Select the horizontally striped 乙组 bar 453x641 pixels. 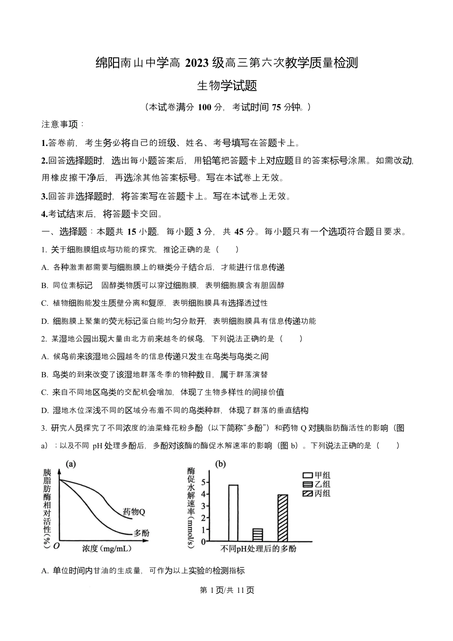[x=257, y=535]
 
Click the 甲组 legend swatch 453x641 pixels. [x=308, y=475]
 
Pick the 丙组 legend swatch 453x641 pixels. [x=308, y=494]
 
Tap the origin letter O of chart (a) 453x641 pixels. [x=57, y=547]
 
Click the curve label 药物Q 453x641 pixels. [x=134, y=511]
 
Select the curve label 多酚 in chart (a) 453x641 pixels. [x=141, y=533]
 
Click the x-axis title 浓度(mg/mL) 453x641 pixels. [x=106, y=548]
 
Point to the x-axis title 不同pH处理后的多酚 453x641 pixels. [x=258, y=549]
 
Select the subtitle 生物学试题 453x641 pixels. [x=227, y=86]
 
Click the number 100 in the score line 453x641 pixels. [x=204, y=107]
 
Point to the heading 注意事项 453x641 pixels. [x=62, y=124]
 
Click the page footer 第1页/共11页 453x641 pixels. [x=226, y=590]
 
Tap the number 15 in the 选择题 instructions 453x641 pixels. [x=132, y=232]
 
